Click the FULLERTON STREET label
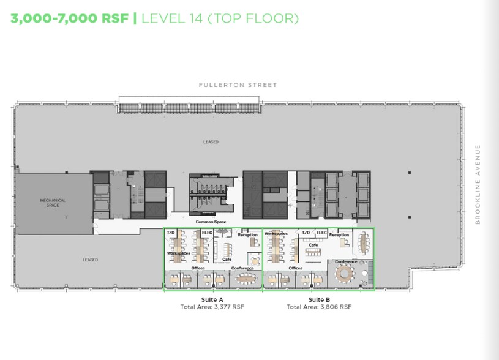point(238,85)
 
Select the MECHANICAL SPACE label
point(53,203)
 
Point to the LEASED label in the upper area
point(211,141)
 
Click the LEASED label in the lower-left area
point(91,260)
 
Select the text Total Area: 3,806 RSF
point(319,306)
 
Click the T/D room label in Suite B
point(305,233)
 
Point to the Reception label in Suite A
point(247,235)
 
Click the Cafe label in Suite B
point(313,245)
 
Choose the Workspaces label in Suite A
point(178,253)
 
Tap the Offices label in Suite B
point(295,268)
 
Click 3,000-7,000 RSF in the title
point(69,18)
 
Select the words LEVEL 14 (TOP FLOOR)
point(220,18)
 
